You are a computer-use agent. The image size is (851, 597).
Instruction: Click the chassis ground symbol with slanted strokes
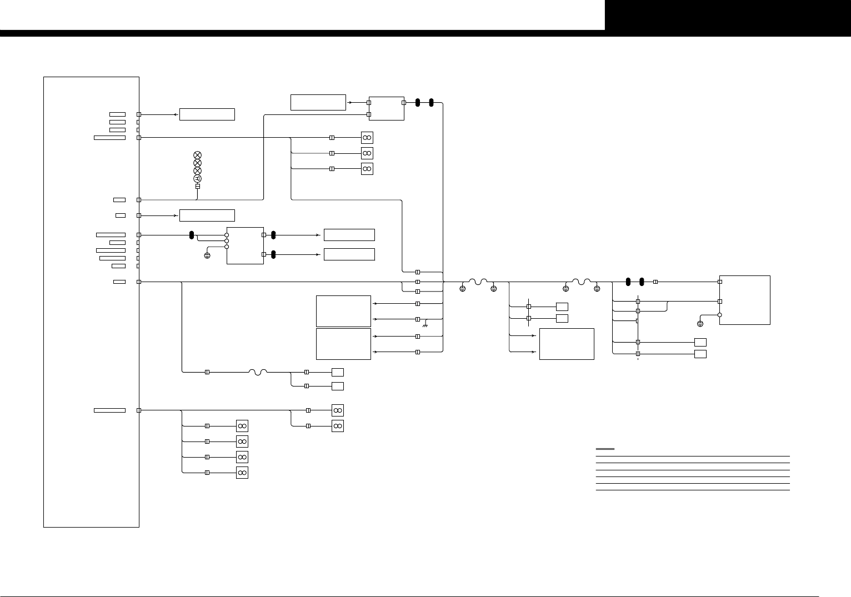(x=425, y=324)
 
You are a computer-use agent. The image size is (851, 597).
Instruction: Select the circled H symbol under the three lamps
(x=197, y=178)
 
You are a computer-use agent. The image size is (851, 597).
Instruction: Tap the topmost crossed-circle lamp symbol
(x=197, y=155)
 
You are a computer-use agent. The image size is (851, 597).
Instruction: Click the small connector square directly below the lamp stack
(x=197, y=187)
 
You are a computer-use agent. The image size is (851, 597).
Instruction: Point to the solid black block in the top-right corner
(x=728, y=15)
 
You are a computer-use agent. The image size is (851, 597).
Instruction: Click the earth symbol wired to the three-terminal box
(x=207, y=256)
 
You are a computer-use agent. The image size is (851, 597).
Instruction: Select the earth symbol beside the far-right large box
(x=700, y=324)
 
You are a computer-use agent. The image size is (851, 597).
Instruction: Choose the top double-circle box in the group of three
(x=367, y=138)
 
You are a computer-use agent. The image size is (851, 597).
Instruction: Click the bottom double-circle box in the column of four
(x=242, y=473)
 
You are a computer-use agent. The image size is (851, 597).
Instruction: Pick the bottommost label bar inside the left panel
(x=109, y=410)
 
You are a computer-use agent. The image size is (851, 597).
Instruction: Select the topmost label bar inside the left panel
(x=117, y=114)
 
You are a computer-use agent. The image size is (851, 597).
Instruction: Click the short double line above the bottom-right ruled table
(x=605, y=449)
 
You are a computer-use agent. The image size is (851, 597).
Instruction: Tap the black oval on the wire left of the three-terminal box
(x=192, y=235)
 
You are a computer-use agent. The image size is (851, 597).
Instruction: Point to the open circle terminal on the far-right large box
(x=720, y=315)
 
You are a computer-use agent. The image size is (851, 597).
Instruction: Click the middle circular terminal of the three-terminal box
(x=227, y=241)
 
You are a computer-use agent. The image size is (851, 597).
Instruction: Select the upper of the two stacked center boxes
(x=343, y=311)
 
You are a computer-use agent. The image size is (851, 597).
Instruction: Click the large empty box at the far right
(x=745, y=300)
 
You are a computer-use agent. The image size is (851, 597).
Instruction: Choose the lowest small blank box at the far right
(x=700, y=354)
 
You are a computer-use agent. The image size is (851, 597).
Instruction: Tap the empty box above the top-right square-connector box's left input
(x=318, y=102)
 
